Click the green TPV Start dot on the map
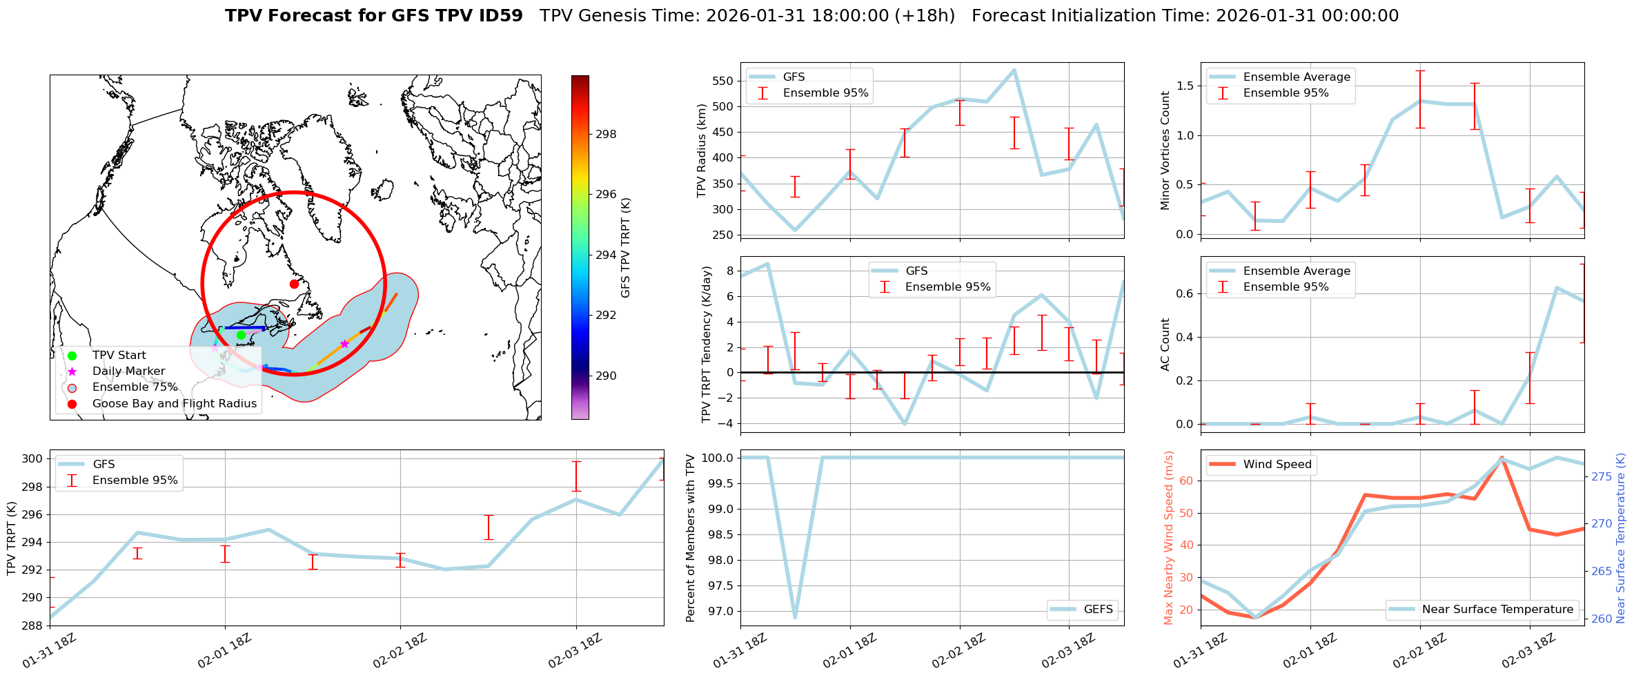click(x=241, y=335)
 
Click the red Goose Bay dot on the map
click(x=294, y=284)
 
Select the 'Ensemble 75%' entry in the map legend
click(x=135, y=387)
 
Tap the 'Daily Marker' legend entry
click(x=128, y=371)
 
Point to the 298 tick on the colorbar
click(x=606, y=134)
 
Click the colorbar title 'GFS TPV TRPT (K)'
click(x=626, y=247)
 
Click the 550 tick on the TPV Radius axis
click(x=723, y=81)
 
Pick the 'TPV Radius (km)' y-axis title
click(x=702, y=151)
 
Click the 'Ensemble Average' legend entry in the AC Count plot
click(x=1296, y=271)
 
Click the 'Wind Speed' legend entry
click(x=1277, y=465)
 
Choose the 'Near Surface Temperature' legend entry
click(x=1497, y=610)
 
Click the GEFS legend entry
click(x=1098, y=610)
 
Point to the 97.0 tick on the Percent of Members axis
click(x=718, y=611)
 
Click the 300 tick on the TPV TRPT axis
click(x=34, y=459)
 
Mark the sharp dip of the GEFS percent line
click(x=795, y=617)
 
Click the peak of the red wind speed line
click(x=1502, y=458)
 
